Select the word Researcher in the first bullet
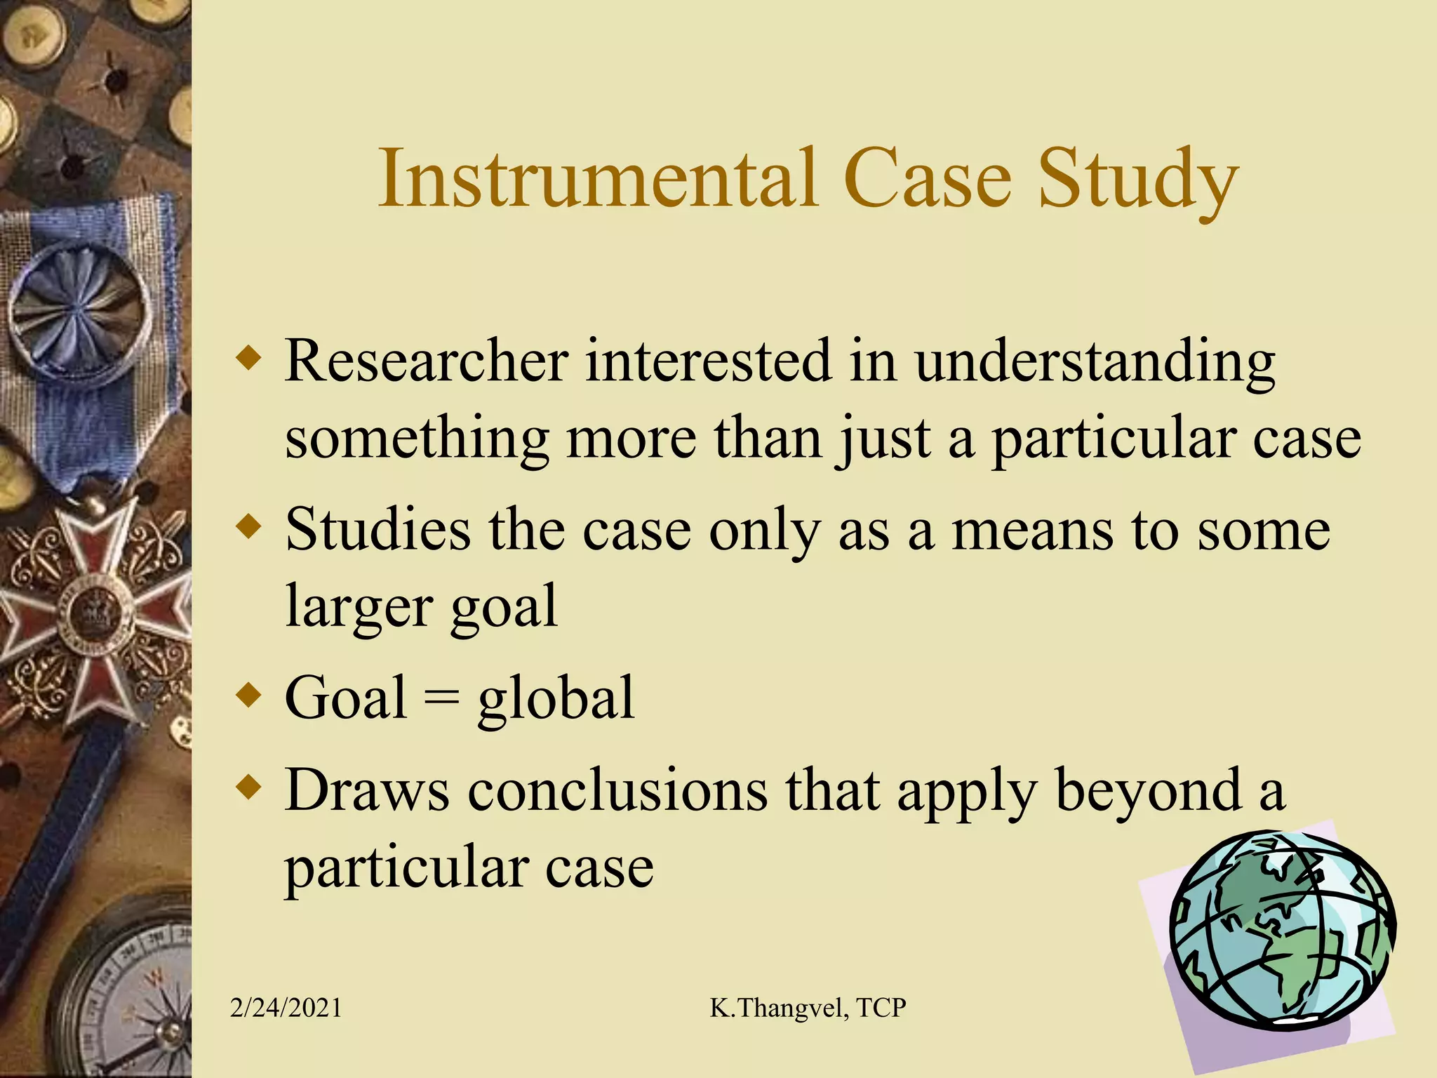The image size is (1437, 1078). [426, 361]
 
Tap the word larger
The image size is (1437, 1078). [359, 608]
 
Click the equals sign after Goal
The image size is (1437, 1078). [442, 699]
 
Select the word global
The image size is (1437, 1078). [556, 699]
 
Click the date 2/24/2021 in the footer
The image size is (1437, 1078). [286, 1008]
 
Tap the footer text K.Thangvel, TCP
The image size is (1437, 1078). [808, 1008]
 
